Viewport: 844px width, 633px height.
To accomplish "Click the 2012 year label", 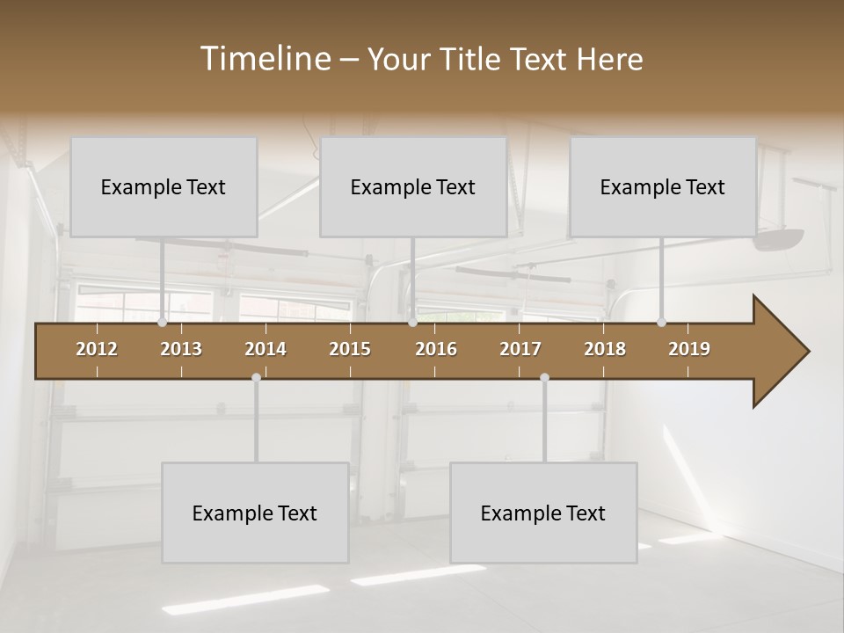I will (97, 349).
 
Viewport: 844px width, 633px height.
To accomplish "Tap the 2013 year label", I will (181, 349).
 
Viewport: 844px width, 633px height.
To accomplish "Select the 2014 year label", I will (266, 349).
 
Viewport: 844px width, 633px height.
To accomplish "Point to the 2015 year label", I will (350, 349).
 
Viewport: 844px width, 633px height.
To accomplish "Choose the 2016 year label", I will (436, 349).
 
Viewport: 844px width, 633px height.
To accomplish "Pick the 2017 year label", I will (520, 349).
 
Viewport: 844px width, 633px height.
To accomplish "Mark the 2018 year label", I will (605, 349).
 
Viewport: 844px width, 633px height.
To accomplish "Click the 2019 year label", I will (689, 349).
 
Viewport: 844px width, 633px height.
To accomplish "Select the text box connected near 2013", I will (164, 187).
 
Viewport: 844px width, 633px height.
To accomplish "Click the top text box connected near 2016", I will (413, 187).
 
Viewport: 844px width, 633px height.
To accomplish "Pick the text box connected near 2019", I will (663, 187).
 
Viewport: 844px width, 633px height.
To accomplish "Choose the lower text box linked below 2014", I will (255, 513).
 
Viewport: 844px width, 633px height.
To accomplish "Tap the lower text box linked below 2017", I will (543, 513).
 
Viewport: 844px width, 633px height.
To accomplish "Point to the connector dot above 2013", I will (162, 323).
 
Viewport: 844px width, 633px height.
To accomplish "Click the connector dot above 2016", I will (412, 323).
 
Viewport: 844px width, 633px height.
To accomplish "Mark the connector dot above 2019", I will (661, 323).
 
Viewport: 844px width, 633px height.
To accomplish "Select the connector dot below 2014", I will (256, 377).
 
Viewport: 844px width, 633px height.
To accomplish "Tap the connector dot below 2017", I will (544, 377).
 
